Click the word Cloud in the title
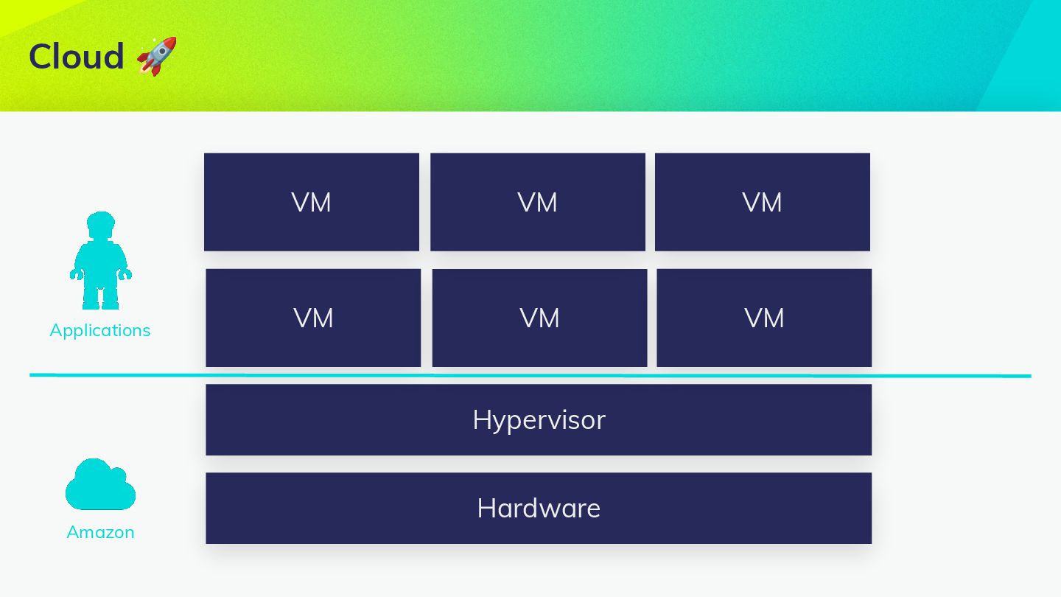(x=77, y=57)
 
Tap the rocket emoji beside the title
(x=157, y=56)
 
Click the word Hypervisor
(x=539, y=420)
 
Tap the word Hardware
(x=539, y=509)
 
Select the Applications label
(x=100, y=330)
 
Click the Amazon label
(x=100, y=532)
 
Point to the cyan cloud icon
(x=100, y=486)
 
